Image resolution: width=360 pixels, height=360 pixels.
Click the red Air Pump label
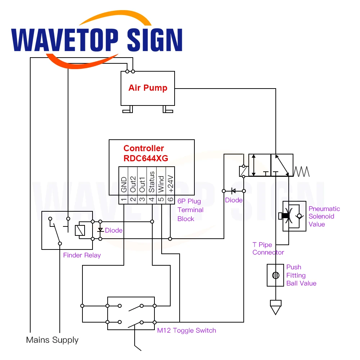[x=148, y=88]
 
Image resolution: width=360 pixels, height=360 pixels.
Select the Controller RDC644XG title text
[x=145, y=153]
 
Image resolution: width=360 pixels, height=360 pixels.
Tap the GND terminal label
[x=123, y=184]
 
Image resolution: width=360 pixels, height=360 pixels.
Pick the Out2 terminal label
[x=133, y=184]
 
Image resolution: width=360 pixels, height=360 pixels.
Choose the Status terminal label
[x=152, y=182]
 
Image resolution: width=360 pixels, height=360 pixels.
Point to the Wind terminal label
[x=161, y=183]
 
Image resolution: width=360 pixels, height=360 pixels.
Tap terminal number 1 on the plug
[x=123, y=199]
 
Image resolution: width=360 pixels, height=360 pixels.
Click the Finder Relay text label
[x=82, y=255]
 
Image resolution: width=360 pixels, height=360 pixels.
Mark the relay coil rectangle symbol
[x=80, y=230]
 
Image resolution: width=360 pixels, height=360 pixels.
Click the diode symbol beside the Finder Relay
[x=100, y=230]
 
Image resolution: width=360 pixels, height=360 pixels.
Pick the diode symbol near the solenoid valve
[x=234, y=191]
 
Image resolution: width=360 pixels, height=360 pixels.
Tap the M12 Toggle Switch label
[x=186, y=330]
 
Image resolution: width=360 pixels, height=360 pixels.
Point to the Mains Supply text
[x=52, y=340]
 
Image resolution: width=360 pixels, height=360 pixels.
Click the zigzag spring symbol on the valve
[x=301, y=171]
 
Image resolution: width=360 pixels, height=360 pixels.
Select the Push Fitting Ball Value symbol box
[x=275, y=275]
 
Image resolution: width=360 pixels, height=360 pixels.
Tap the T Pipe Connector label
[x=268, y=248]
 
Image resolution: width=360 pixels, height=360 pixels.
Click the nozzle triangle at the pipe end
[x=275, y=307]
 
